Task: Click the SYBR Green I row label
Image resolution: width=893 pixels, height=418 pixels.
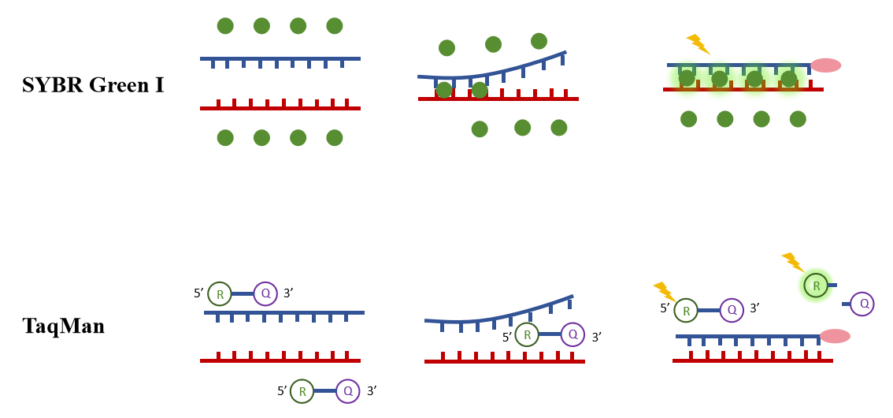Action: [93, 85]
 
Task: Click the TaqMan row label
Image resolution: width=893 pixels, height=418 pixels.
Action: [63, 326]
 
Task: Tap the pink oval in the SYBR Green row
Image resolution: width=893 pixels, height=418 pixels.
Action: [826, 65]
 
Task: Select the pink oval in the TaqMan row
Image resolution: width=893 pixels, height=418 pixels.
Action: [835, 336]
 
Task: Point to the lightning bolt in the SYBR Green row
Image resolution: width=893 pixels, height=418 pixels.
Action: [698, 44]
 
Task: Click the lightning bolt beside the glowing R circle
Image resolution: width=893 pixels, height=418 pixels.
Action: [792, 262]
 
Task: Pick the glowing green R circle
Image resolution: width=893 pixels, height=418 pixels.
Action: [816, 285]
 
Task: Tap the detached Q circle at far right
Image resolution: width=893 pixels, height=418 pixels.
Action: [863, 303]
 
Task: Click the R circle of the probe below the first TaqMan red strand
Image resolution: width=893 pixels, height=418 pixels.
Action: [302, 390]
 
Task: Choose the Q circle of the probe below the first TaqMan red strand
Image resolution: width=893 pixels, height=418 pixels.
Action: [347, 390]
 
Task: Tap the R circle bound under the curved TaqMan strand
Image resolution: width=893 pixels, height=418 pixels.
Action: [527, 334]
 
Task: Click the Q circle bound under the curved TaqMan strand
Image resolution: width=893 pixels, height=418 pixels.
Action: [572, 334]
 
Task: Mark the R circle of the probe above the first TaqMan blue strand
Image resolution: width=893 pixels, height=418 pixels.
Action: [219, 294]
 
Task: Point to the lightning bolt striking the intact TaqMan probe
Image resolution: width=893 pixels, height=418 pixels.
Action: [665, 291]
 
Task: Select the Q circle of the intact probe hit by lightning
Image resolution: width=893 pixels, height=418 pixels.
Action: [732, 310]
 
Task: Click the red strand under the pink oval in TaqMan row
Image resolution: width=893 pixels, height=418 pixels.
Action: [752, 360]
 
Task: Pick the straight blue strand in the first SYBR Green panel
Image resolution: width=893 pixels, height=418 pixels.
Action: [280, 58]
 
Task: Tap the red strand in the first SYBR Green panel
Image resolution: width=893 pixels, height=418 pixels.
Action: [280, 108]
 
